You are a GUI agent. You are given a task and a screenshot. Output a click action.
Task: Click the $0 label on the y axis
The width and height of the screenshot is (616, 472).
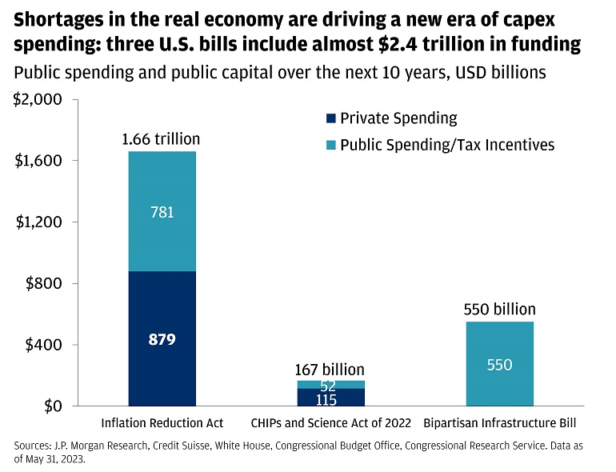pos(50,406)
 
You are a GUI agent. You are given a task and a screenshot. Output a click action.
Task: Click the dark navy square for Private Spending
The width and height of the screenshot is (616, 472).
pos(330,118)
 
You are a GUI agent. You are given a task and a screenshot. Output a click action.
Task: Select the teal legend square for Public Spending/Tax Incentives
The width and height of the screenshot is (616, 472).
pos(330,145)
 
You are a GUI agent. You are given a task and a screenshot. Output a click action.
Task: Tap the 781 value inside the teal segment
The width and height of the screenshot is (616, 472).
pos(162,213)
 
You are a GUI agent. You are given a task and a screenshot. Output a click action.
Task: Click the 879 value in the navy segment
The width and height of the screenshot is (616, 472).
pos(162,339)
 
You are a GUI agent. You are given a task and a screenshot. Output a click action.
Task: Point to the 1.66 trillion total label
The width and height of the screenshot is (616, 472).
pos(162,140)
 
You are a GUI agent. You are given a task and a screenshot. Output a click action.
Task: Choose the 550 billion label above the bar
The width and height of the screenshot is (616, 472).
pos(500,310)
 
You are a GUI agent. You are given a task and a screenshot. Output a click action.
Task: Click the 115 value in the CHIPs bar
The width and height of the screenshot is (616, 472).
pos(326,398)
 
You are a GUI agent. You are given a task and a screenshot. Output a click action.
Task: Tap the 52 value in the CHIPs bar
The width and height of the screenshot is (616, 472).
pos(327,386)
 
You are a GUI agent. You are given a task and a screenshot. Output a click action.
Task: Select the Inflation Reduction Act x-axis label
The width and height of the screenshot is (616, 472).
pos(162,422)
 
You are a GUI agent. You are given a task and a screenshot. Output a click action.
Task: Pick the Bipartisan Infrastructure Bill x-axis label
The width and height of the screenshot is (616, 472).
pos(499,422)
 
